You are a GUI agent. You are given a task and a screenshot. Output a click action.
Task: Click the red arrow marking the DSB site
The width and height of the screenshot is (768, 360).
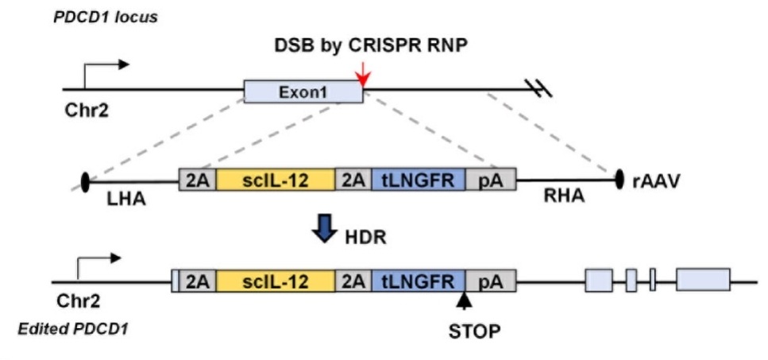tap(362, 75)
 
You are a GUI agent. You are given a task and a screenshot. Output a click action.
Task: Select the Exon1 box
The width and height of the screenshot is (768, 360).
tap(303, 93)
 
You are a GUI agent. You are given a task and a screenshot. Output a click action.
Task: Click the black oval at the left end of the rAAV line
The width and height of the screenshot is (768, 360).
tap(85, 181)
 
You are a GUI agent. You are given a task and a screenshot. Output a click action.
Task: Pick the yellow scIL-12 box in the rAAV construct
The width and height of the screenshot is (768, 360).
tap(276, 180)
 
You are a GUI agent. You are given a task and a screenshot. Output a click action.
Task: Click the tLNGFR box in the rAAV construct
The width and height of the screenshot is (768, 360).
tap(418, 180)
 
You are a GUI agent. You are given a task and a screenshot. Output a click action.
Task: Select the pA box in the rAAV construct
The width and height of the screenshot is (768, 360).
tap(490, 180)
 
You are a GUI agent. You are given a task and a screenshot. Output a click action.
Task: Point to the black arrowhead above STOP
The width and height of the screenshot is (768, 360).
tap(463, 301)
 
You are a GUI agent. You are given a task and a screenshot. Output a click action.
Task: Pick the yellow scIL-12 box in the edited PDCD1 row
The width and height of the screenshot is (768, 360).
tap(276, 281)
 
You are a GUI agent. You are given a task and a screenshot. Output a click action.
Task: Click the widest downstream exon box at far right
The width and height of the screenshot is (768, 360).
tap(703, 281)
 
